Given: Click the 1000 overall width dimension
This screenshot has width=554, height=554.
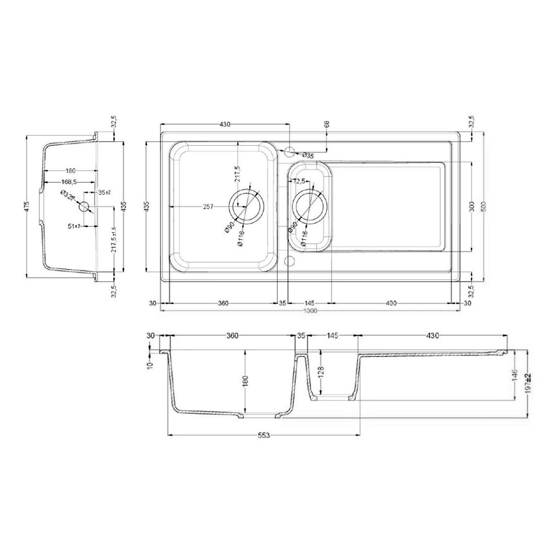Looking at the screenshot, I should pos(310,311).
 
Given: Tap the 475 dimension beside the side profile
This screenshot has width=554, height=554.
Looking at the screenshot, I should pos(26,206).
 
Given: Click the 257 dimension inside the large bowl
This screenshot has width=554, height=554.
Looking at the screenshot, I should pos(208,207).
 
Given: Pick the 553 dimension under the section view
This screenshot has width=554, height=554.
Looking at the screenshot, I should pos(263,435).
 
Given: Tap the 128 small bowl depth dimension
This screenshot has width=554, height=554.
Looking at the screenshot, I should pos(321,371).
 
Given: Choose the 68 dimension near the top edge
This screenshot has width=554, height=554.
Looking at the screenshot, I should pos(326,124).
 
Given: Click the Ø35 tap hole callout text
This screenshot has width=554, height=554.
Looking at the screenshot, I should pos(308,155).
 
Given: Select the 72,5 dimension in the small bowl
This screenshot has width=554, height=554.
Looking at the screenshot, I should pos(299,181).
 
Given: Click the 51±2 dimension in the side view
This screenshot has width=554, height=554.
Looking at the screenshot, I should pos(74,226).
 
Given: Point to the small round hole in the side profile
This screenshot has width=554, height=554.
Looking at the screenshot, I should pos(84,206).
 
